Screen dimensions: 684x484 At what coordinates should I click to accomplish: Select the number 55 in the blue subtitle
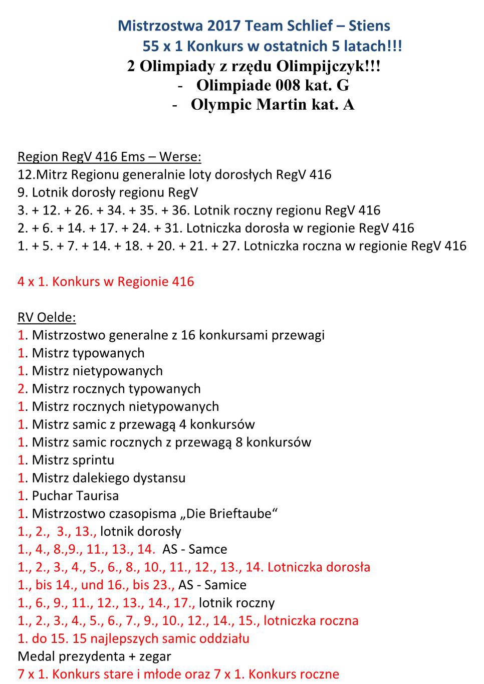[x=151, y=46]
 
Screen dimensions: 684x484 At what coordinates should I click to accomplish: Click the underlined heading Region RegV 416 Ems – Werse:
[x=109, y=157]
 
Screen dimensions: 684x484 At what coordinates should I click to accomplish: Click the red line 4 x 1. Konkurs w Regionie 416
[x=106, y=282]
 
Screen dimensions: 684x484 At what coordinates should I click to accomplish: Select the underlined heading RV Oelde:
[x=47, y=317]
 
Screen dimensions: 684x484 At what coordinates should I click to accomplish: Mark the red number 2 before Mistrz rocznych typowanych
[x=21, y=389]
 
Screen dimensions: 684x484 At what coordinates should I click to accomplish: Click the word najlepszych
[x=132, y=638]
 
